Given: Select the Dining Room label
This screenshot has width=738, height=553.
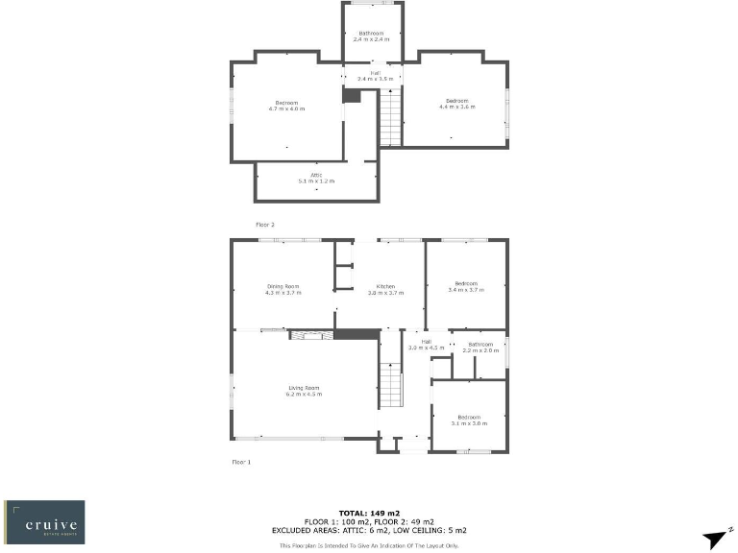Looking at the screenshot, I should click(283, 288).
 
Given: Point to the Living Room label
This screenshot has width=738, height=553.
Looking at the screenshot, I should click(304, 391).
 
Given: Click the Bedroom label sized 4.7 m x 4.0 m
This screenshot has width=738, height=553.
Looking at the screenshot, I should click(286, 106).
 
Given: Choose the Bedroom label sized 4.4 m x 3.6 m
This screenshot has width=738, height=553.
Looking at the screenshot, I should click(456, 104).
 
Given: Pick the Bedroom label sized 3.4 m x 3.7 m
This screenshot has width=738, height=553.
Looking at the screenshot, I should click(466, 286).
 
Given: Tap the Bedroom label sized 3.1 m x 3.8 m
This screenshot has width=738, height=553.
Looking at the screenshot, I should click(468, 420).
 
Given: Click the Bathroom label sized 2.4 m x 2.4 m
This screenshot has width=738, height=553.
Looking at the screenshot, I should click(371, 36).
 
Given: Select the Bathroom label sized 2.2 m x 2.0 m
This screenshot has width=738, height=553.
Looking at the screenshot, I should click(480, 347).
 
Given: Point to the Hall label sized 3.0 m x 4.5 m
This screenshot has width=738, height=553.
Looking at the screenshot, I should click(425, 344).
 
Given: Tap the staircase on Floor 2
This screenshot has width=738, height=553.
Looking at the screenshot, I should click(390, 116).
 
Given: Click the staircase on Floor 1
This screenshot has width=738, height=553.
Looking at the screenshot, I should click(389, 384).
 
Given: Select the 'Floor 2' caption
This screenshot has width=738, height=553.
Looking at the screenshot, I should click(265, 224).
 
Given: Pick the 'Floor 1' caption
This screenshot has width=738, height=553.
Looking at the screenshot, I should click(240, 462).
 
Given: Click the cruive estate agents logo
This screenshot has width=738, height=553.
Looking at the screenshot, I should click(44, 521).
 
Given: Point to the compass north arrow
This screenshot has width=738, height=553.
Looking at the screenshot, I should click(716, 540).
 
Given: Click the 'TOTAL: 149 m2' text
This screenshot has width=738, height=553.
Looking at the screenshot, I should click(368, 513).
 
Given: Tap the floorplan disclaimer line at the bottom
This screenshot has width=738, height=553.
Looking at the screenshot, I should click(369, 545).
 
